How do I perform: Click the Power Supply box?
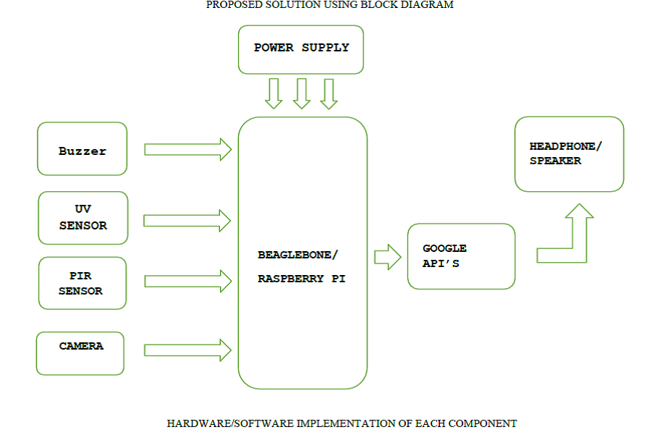(x=301, y=49)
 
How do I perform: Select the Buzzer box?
(x=82, y=148)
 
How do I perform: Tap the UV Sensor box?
(x=82, y=218)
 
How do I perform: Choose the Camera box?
(x=80, y=353)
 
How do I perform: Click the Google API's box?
(x=461, y=256)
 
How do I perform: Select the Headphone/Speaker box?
(x=569, y=154)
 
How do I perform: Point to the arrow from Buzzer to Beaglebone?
(x=187, y=150)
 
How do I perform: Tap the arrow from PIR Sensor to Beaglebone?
(x=187, y=281)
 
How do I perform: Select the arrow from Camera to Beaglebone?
(x=187, y=350)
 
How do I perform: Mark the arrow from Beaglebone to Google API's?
(x=388, y=256)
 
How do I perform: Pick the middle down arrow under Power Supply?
(x=302, y=93)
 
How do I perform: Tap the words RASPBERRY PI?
(x=301, y=279)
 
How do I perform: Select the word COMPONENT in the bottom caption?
(x=487, y=423)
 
